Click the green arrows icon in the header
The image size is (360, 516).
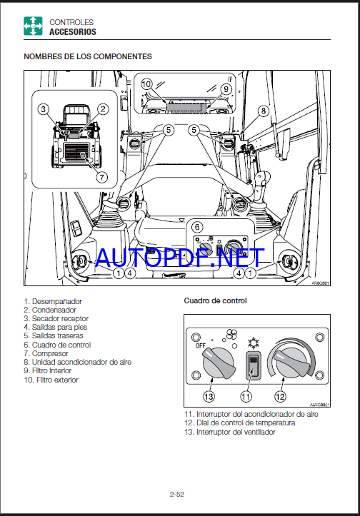click(x=33, y=26)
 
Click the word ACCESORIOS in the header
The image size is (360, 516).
click(x=73, y=32)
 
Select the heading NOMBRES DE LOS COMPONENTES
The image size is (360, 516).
click(x=88, y=56)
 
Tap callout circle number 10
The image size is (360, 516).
click(x=146, y=84)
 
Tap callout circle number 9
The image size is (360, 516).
click(x=226, y=88)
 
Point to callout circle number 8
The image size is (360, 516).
click(x=263, y=111)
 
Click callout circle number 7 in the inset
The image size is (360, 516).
click(x=101, y=178)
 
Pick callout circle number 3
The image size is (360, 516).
click(x=43, y=109)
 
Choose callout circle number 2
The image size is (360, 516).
click(x=103, y=109)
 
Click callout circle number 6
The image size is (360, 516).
click(x=197, y=227)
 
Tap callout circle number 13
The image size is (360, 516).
click(x=209, y=397)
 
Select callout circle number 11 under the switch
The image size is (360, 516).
click(x=246, y=397)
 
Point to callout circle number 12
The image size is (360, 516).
click(x=280, y=397)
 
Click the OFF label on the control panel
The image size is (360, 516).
click(x=201, y=346)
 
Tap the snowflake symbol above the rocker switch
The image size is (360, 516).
click(x=254, y=343)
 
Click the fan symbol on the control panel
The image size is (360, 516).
click(x=231, y=335)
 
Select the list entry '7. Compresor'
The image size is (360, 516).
click(x=46, y=353)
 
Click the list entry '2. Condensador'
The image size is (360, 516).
click(x=50, y=310)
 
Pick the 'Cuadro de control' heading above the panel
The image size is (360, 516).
click(x=216, y=300)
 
